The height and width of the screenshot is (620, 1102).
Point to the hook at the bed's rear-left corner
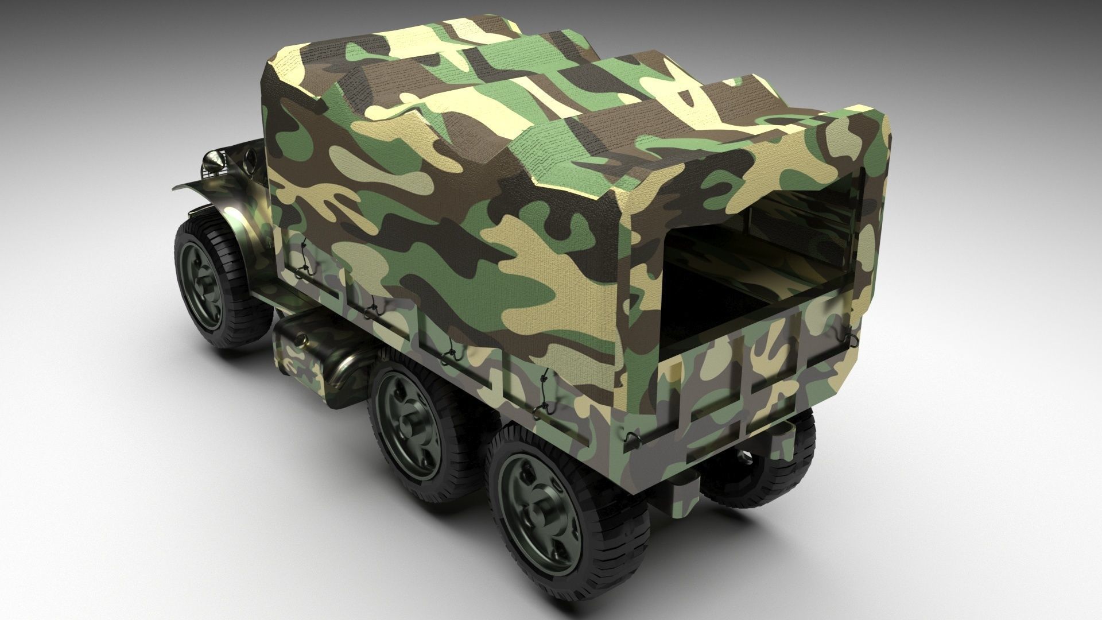[631, 439]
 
